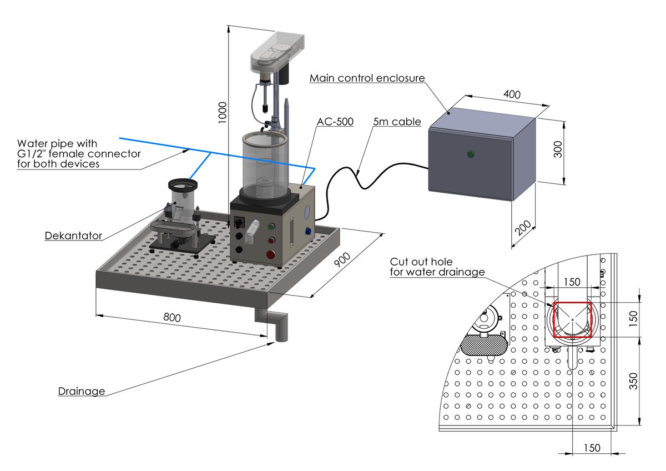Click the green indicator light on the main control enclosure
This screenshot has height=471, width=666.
(471, 154)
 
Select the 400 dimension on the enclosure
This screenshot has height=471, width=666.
(512, 95)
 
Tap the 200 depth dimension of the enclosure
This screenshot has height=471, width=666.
(524, 228)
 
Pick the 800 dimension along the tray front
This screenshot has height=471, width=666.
(171, 318)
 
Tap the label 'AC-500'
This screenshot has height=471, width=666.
(335, 122)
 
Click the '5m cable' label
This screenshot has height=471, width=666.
(397, 122)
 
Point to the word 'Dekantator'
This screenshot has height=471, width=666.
(73, 236)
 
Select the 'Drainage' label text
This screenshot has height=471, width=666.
(82, 392)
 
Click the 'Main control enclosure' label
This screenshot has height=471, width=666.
(367, 78)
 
